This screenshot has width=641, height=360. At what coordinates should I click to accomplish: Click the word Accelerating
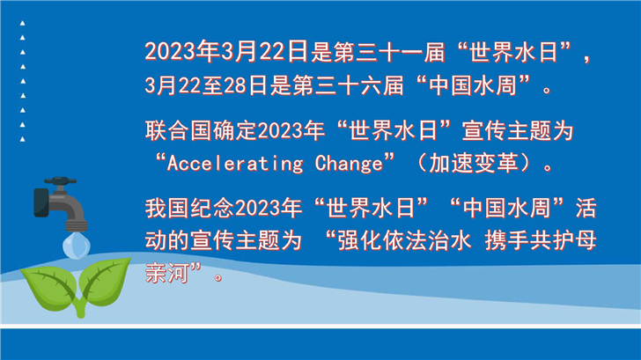pyautogui.click(x=235, y=164)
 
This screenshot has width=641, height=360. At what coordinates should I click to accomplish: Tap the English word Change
pyautogui.click(x=349, y=164)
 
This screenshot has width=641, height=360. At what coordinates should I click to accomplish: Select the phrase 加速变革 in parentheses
pyautogui.click(x=474, y=163)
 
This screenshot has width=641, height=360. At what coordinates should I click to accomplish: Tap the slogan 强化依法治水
pyautogui.click(x=405, y=240)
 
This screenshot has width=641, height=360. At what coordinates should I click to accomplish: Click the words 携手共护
pyautogui.click(x=529, y=240)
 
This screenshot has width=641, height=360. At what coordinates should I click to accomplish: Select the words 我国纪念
pyautogui.click(x=189, y=208)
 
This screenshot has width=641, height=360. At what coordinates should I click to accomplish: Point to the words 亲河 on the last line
pyautogui.click(x=167, y=273)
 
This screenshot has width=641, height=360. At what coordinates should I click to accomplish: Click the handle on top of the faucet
pyautogui.click(x=60, y=180)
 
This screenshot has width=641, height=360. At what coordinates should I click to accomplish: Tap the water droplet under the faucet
pyautogui.click(x=77, y=246)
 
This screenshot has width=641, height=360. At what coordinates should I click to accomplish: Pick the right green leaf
pyautogui.click(x=104, y=282)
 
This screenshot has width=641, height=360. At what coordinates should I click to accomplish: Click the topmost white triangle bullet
pyautogui.click(x=23, y=23)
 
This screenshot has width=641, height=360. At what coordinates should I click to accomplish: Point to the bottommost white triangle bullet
pyautogui.click(x=23, y=139)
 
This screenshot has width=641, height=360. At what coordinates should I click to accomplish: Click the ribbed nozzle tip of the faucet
pyautogui.click(x=77, y=225)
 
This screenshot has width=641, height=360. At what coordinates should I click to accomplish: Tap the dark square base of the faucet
pyautogui.click(x=41, y=202)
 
